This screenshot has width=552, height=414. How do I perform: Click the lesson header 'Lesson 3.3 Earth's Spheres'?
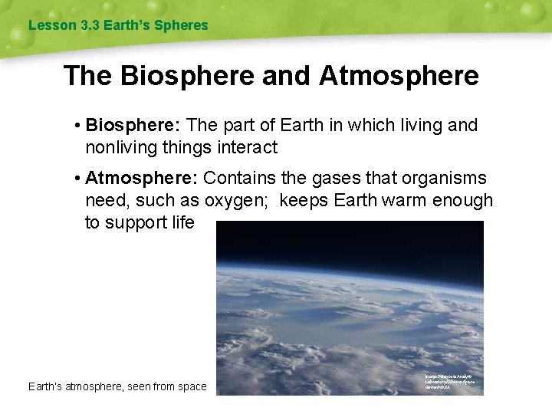(118, 25)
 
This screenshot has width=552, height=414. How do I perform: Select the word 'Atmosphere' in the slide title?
(399, 76)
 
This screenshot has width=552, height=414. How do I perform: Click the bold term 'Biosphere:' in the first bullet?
(133, 125)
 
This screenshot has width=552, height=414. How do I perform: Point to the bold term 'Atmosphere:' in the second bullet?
(142, 179)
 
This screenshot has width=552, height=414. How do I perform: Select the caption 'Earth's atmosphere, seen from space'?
(117, 386)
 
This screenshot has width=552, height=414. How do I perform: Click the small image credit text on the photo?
(450, 382)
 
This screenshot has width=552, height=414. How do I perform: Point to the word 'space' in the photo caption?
(191, 387)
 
